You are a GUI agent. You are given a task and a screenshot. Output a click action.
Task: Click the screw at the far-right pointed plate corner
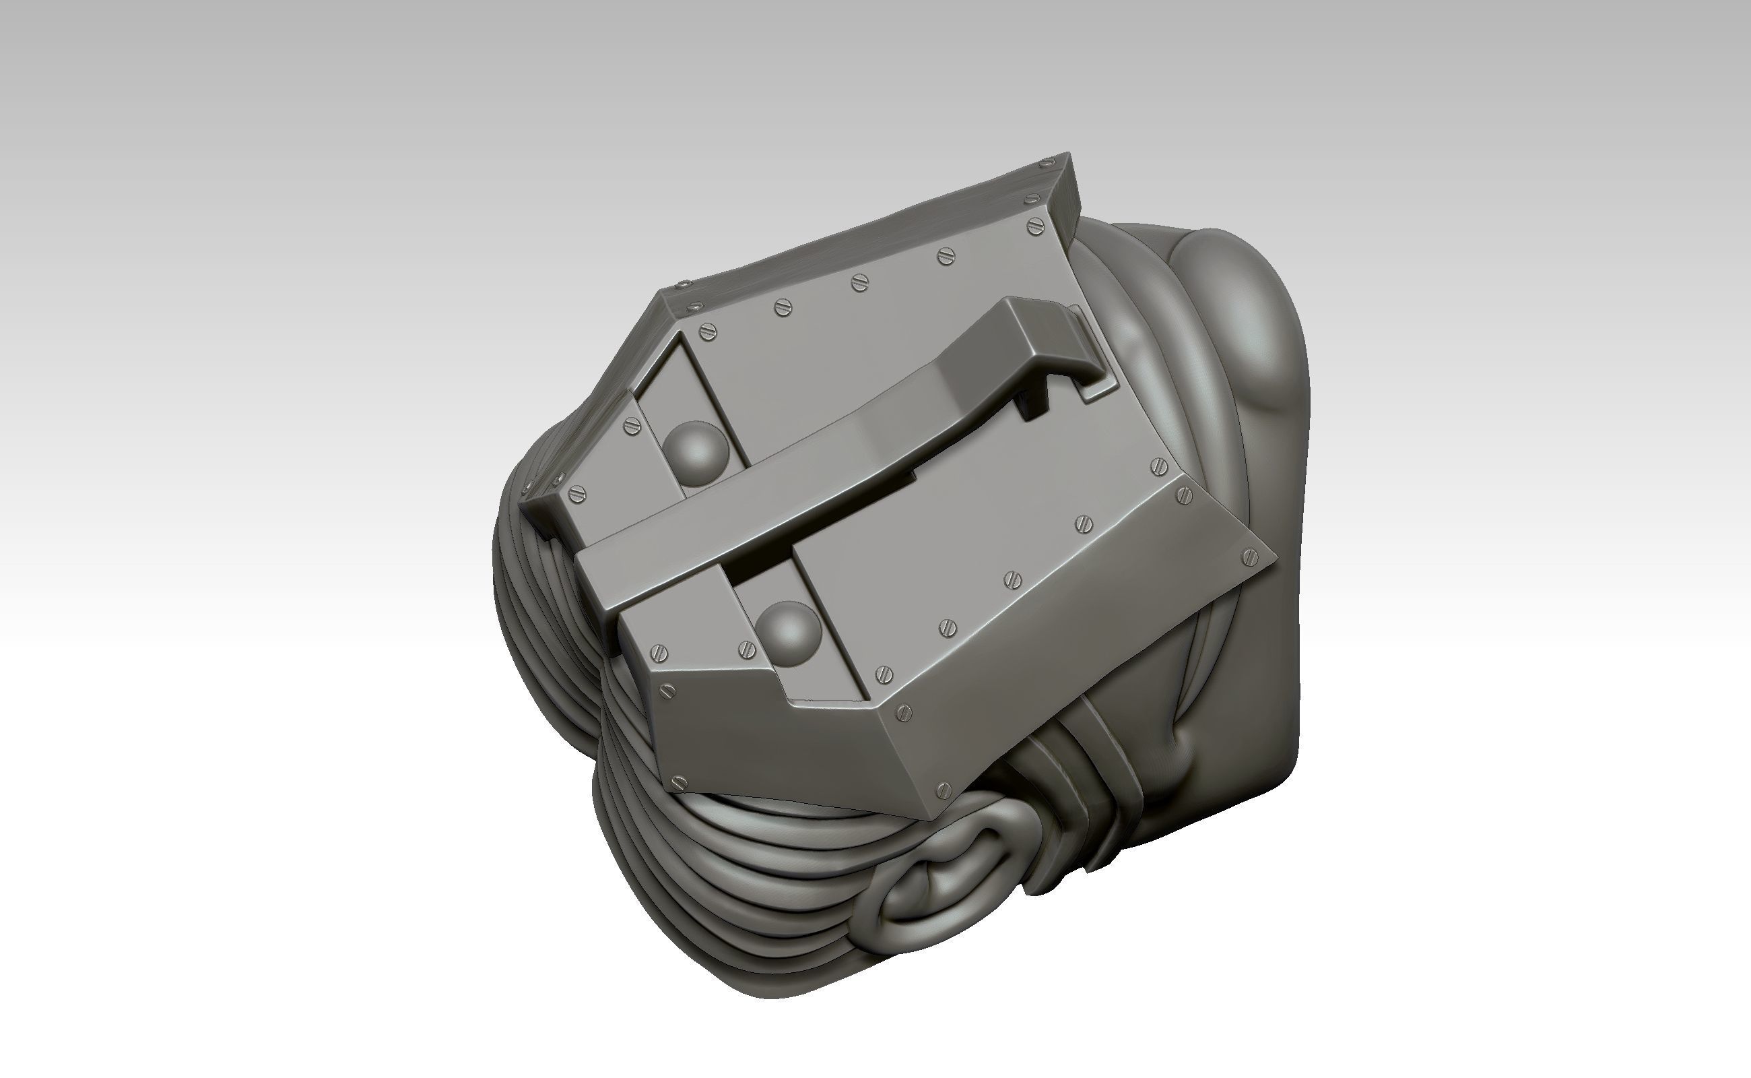pos(1250,556)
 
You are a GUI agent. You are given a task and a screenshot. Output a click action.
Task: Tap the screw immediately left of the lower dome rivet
pos(746,648)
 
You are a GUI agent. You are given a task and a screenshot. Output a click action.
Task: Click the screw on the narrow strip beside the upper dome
pos(632,426)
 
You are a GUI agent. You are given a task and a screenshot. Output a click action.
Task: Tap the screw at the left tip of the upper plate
pos(578,493)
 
